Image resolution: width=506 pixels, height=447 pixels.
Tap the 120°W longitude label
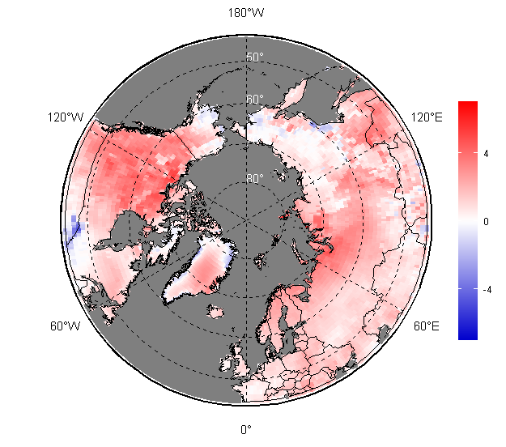point(65,117)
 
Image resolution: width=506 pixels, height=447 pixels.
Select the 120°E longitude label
point(427,117)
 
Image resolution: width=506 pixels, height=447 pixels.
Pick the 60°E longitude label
point(427,326)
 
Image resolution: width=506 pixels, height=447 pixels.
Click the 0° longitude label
point(245,429)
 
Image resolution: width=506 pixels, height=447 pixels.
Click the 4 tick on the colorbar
point(485,153)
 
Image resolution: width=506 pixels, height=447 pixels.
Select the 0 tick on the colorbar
point(485,221)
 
